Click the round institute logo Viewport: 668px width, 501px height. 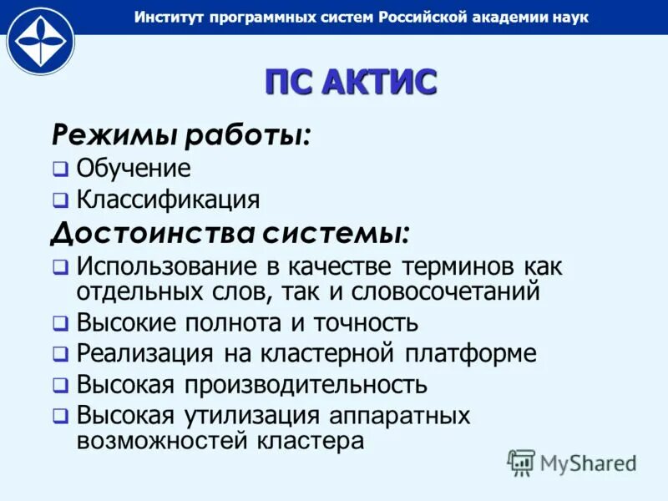tap(40, 41)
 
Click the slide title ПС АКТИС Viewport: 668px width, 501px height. tap(351, 83)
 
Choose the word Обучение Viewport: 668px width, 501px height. tap(134, 168)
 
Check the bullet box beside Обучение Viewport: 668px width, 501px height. tap(60, 169)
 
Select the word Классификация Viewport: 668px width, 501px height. tap(168, 200)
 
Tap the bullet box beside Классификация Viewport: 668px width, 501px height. tap(60, 201)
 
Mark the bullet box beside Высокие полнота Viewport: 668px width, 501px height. tap(60, 323)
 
